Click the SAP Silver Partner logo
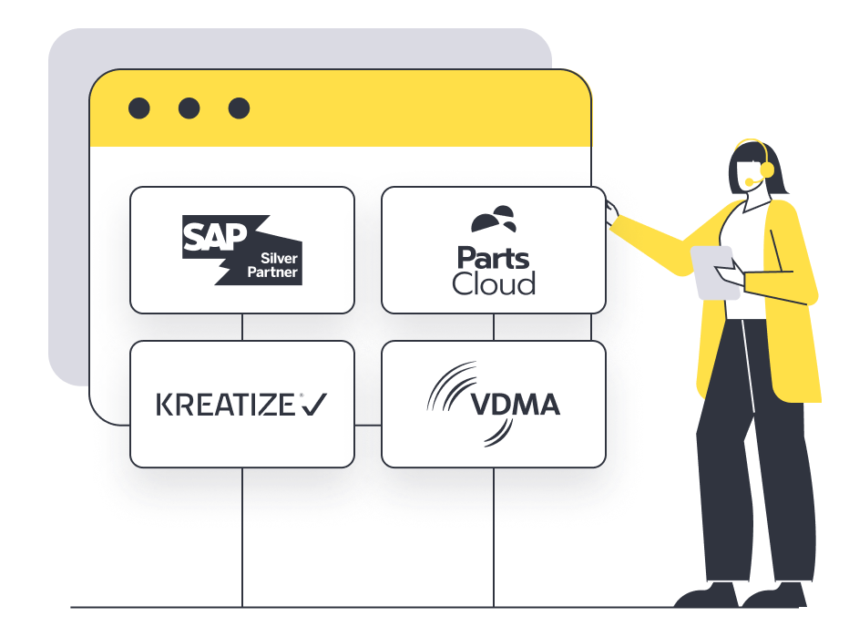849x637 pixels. click(240, 249)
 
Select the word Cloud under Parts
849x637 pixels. click(493, 283)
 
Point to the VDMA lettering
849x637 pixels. click(516, 404)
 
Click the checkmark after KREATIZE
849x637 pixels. click(314, 405)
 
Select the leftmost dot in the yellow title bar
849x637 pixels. click(139, 108)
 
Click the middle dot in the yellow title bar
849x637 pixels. click(189, 108)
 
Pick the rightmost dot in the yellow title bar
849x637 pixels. click(239, 108)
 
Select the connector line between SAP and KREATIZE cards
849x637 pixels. click(242, 327)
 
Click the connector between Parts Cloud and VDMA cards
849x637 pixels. click(494, 327)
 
